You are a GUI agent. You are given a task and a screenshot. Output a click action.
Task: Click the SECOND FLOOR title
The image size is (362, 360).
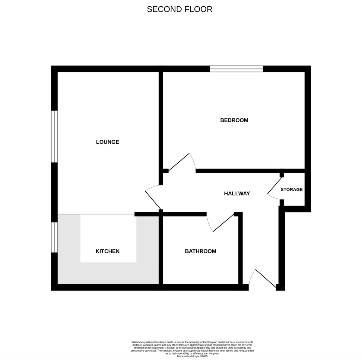click(x=179, y=9)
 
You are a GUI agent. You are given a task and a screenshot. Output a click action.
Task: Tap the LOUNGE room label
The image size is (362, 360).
click(x=107, y=142)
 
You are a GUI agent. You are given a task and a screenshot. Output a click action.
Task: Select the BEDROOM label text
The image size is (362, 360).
click(x=234, y=120)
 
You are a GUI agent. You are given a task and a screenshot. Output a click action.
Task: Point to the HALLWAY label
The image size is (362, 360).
click(x=237, y=194)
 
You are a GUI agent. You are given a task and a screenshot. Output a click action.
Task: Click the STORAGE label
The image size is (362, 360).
click(x=291, y=190)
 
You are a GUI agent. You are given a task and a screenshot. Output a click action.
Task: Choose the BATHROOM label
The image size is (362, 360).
click(x=200, y=251)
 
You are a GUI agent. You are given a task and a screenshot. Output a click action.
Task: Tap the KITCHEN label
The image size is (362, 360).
click(x=107, y=251)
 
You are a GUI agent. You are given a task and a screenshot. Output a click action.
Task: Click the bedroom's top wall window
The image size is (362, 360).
click(x=236, y=69)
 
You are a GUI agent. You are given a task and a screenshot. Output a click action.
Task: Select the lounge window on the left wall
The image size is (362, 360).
click(x=54, y=137)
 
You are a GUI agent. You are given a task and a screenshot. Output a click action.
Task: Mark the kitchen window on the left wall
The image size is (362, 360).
click(x=54, y=237)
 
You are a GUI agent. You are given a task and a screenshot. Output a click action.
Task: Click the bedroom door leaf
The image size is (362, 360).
click(x=179, y=163)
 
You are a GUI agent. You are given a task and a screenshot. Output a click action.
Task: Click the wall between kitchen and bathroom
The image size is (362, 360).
click(x=161, y=250)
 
